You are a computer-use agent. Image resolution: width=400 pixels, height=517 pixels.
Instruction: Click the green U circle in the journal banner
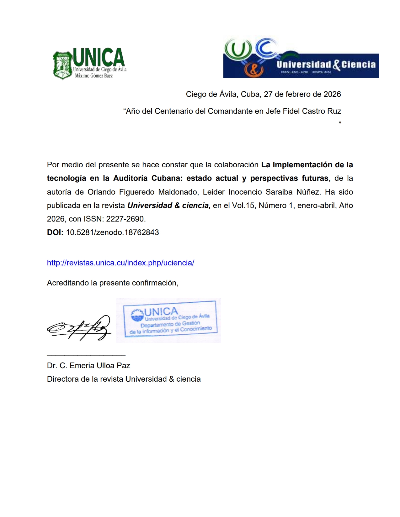click(x=238, y=49)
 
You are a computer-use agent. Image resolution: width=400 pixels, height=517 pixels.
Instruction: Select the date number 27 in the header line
click(x=268, y=94)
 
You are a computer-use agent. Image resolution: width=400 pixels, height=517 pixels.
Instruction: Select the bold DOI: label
click(x=55, y=232)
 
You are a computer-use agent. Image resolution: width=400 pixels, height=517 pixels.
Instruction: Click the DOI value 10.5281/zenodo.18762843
click(x=112, y=232)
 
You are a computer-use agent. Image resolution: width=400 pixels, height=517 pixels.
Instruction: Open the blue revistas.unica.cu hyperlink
click(x=120, y=263)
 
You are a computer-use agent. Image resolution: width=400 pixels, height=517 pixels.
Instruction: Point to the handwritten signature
click(x=79, y=328)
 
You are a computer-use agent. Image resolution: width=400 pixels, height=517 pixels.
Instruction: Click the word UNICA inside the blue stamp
click(x=161, y=311)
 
